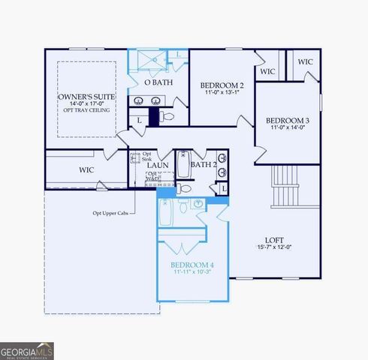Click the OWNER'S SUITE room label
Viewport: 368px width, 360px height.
86,97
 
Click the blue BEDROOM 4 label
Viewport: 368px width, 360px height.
192,265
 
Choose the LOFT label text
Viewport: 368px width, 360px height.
283,241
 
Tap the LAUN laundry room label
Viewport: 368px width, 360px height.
157,166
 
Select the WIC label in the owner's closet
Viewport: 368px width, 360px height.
86,170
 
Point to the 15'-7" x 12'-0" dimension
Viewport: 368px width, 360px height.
283,247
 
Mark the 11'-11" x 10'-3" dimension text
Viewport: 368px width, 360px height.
192,272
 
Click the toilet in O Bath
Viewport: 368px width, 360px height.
167,117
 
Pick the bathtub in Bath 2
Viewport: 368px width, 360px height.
184,165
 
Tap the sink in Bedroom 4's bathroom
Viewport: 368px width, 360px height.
198,203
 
